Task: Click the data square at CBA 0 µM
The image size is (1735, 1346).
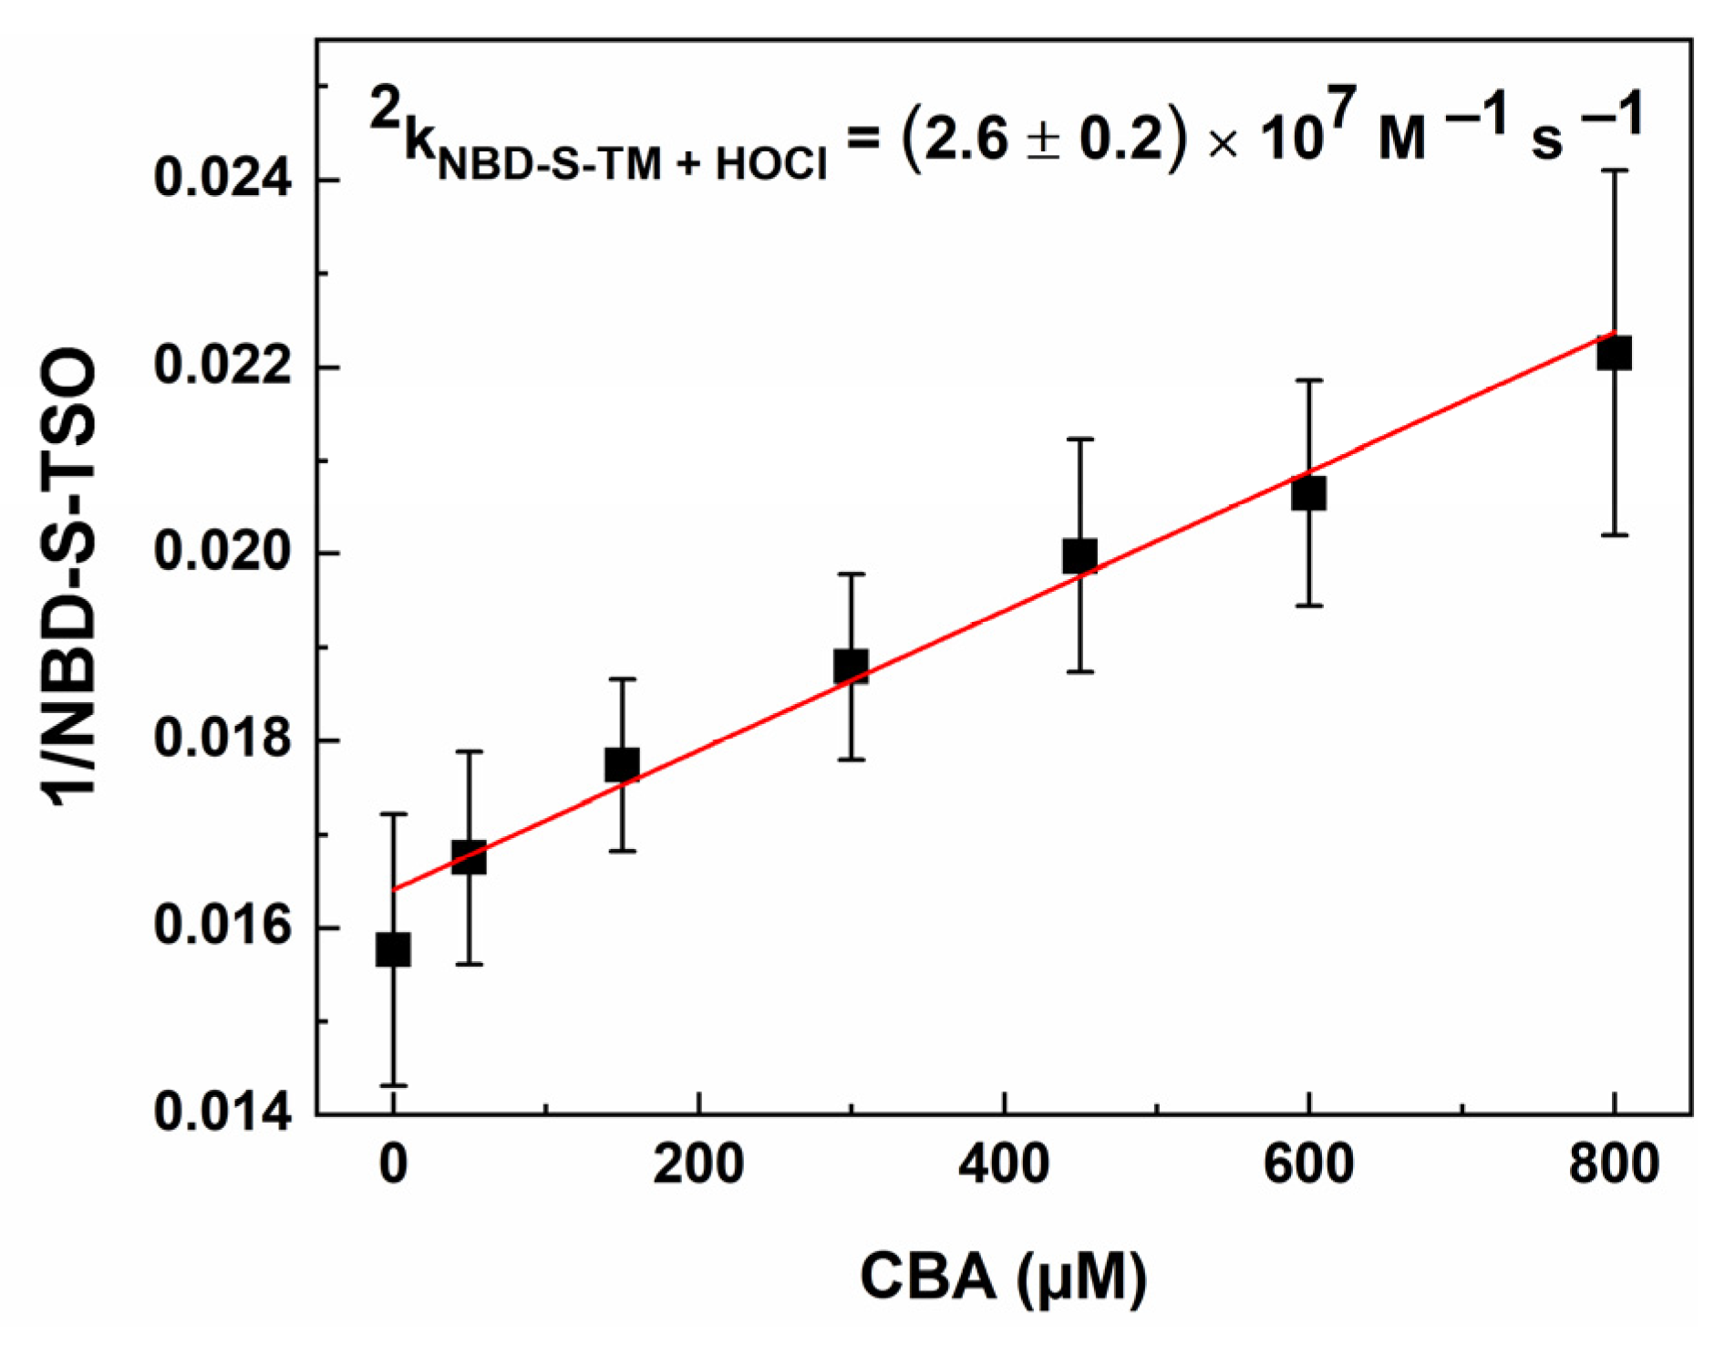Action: pos(393,950)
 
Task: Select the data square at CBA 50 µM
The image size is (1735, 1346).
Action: pos(469,858)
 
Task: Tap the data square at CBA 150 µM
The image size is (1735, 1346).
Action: pos(622,764)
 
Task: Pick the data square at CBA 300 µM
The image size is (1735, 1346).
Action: pos(851,667)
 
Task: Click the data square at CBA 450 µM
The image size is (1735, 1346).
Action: pos(1079,555)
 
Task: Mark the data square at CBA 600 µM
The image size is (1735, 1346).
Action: pos(1308,493)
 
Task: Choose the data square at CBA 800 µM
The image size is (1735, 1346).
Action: pos(1614,353)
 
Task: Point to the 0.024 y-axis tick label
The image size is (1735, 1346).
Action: pos(211,178)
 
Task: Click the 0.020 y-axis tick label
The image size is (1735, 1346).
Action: pos(211,552)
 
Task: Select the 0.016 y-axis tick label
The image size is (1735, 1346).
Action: pos(211,926)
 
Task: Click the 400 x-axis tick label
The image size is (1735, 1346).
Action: pos(1003,1165)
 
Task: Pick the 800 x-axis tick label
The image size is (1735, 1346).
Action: pos(1614,1165)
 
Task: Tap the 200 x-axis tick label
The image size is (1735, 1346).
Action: pos(697,1165)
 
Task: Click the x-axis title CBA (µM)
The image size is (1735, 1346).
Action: pos(1003,1277)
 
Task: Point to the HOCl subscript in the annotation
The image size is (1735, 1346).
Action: pos(771,164)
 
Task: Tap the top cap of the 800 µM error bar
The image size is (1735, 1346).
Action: pos(1614,171)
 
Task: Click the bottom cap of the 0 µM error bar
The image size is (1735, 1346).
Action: pos(393,1085)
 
